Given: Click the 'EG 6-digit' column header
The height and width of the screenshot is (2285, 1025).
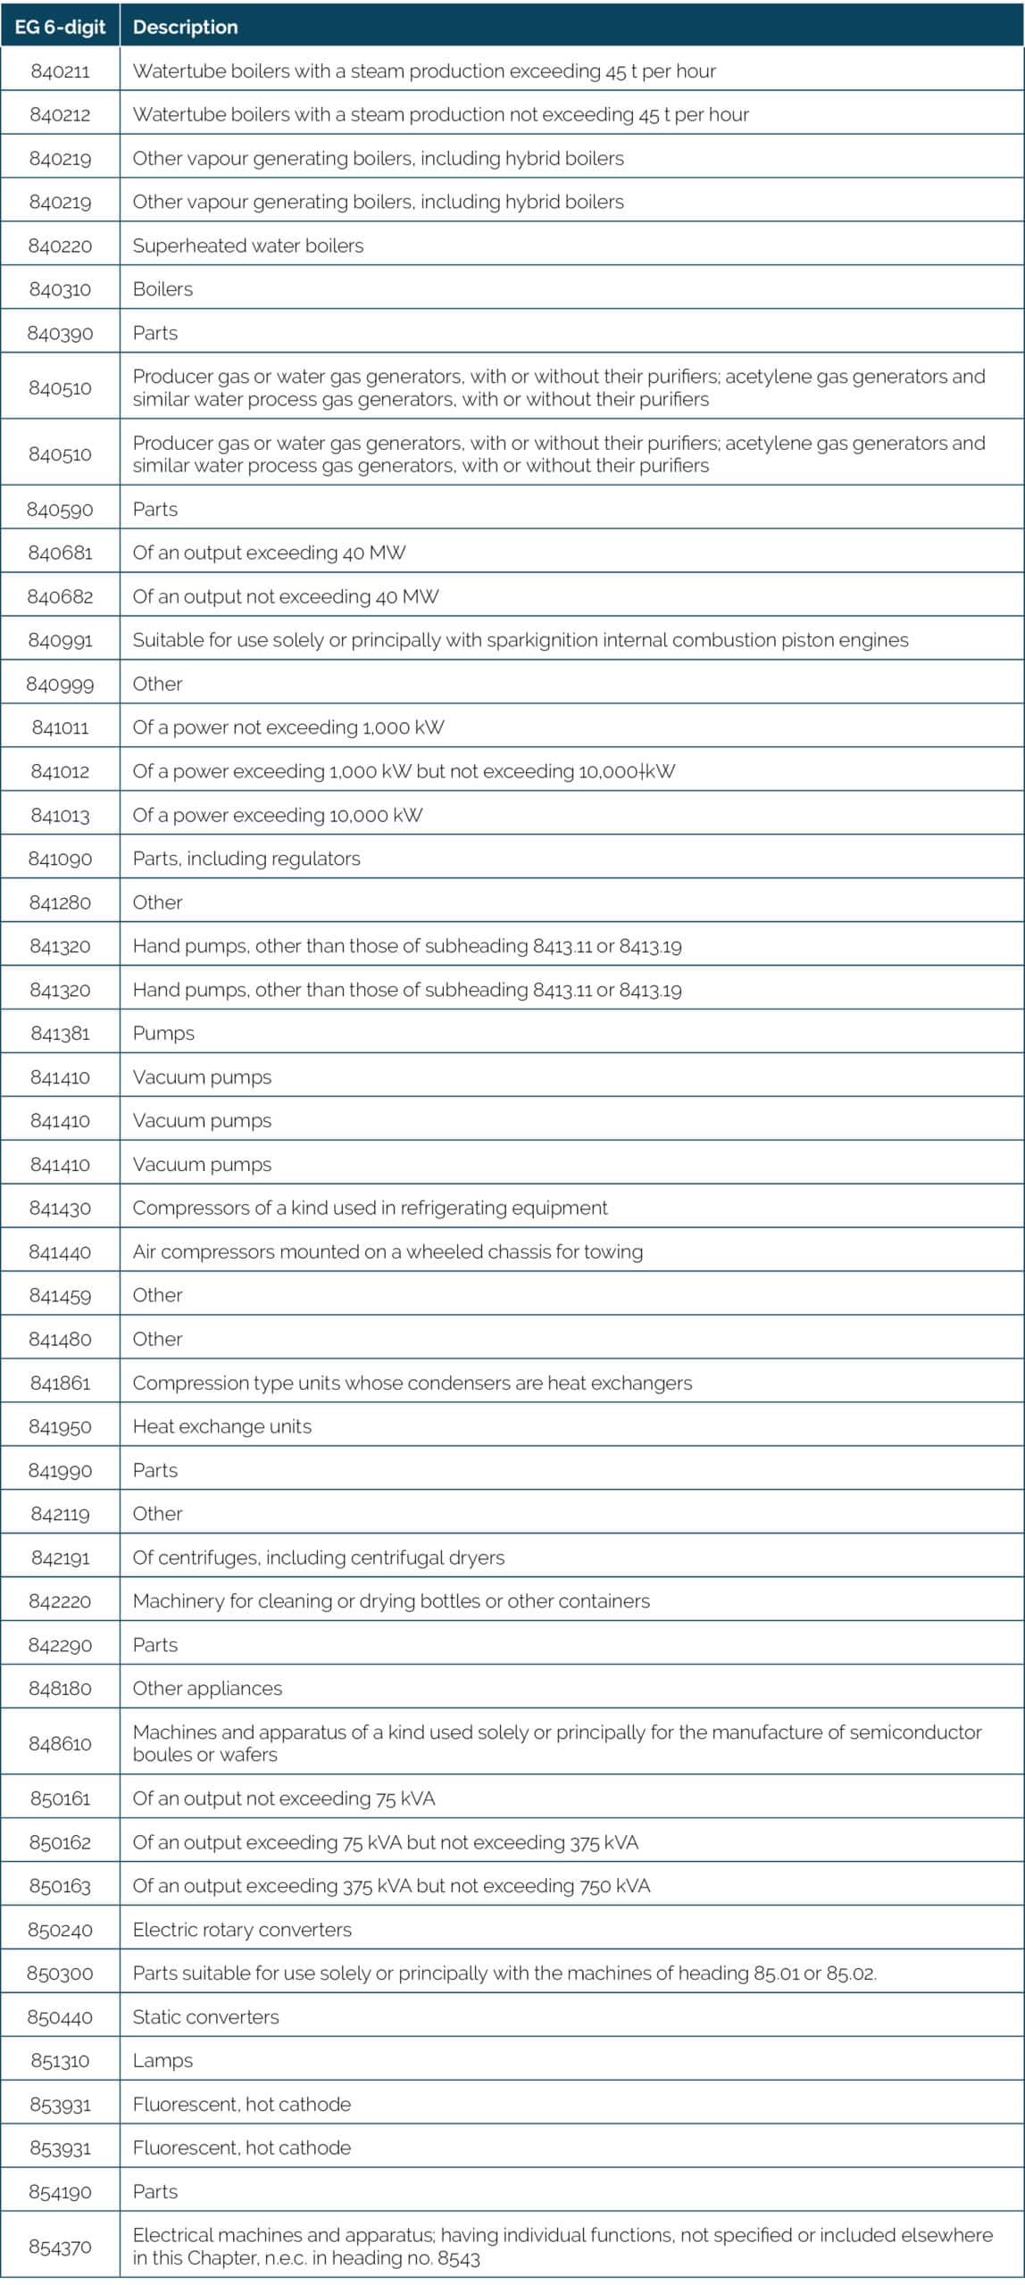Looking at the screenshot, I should (x=60, y=27).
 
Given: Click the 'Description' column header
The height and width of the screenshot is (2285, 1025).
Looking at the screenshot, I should (x=185, y=27).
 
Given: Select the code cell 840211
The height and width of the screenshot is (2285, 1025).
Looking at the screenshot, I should (x=60, y=71).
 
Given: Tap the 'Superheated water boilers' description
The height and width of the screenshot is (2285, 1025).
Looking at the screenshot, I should (x=248, y=245).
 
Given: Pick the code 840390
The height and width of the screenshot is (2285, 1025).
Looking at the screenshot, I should (x=60, y=333).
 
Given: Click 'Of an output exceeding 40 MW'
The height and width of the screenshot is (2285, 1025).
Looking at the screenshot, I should (x=269, y=553).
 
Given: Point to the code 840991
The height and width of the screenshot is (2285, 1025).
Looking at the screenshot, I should (x=60, y=640).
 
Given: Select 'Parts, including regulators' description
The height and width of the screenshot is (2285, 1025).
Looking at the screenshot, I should (x=246, y=859).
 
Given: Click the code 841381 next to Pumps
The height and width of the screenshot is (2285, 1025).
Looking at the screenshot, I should (x=60, y=1034).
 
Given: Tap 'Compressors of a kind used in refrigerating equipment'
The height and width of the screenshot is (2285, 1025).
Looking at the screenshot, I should (x=370, y=1208).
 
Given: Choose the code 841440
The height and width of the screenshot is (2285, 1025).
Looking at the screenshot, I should (x=60, y=1251).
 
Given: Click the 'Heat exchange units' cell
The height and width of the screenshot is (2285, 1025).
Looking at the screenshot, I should (x=222, y=1426).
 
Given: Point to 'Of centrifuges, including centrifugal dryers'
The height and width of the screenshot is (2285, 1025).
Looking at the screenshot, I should (x=318, y=1558).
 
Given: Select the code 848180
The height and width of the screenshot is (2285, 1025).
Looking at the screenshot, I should (x=60, y=1688).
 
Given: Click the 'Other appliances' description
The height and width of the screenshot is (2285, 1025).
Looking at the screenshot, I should (x=207, y=1688).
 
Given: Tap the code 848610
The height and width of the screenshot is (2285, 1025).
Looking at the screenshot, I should (x=60, y=1743).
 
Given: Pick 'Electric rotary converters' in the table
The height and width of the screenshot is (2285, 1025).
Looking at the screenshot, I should (x=242, y=1930).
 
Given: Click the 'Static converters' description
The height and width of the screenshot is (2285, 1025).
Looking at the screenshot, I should (x=205, y=2017).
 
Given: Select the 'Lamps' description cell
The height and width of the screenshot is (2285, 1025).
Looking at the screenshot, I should (x=162, y=2060).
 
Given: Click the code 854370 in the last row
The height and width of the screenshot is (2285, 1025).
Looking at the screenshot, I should (x=60, y=2247).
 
